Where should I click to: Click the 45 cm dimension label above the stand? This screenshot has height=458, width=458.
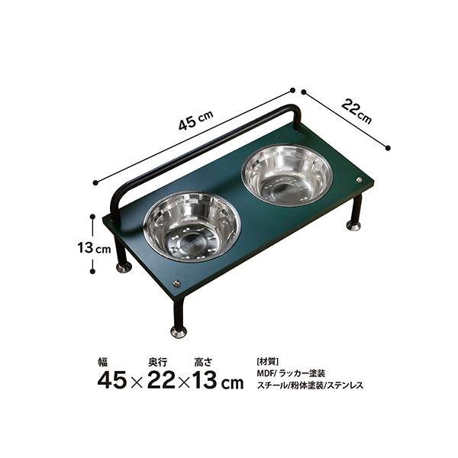pyautogui.click(x=196, y=120)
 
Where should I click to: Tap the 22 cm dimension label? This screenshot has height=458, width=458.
pyautogui.click(x=356, y=111)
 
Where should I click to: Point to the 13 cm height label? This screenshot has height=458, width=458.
pyautogui.click(x=94, y=248)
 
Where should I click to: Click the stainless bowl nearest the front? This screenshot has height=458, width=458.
pyautogui.click(x=192, y=227)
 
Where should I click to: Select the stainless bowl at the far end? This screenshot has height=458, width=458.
pyautogui.click(x=287, y=176)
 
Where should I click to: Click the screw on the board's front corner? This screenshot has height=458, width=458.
pyautogui.click(x=176, y=282)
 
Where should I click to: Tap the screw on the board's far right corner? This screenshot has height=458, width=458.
pyautogui.click(x=360, y=180)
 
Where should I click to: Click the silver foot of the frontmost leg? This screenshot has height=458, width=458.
pyautogui.click(x=179, y=332)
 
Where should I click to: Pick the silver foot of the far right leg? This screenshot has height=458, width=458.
pyautogui.click(x=353, y=225)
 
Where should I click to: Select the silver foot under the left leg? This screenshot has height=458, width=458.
pyautogui.click(x=124, y=267)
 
